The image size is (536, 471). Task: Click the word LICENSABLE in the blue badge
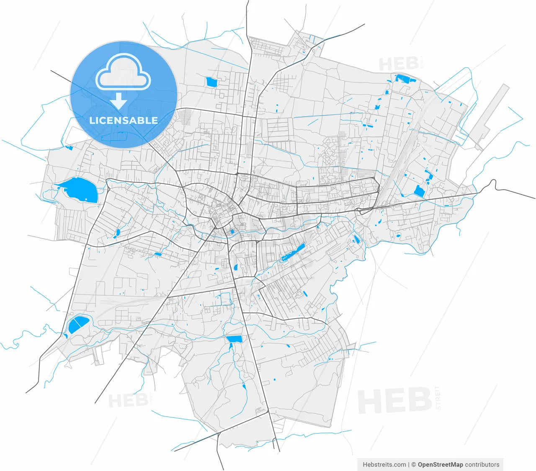pos(124,121)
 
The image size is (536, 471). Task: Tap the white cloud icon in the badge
pos(123,73)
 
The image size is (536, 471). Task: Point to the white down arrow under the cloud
pos(119,101)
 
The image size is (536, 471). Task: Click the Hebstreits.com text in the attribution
pos(384,464)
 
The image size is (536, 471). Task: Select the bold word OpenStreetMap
pos(440,464)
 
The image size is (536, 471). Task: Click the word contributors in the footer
pos(482,464)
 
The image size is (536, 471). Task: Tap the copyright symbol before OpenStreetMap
pos(413,464)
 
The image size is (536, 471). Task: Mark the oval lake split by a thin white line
pos(78,324)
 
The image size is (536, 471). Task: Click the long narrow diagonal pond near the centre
pos(293,252)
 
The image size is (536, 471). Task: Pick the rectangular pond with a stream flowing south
pos(234,339)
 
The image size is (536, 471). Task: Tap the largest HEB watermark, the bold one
pos(394,401)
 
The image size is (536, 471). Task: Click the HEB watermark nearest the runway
pos(398,64)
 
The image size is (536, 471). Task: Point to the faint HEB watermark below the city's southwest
pos(128,401)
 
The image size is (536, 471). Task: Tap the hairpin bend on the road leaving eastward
pos(495,184)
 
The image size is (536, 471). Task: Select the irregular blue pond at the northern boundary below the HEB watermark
pos(404,78)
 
